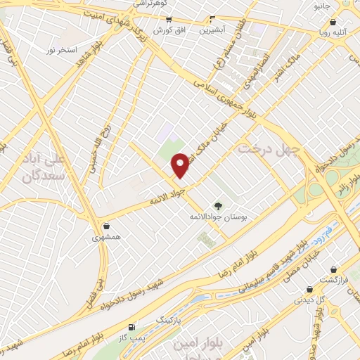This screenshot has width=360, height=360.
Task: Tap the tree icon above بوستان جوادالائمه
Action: (218, 205)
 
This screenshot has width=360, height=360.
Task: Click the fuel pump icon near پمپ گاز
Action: (131, 328)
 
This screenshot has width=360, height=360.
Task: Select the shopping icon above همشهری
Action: (105, 226)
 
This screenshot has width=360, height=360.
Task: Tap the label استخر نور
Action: (60, 50)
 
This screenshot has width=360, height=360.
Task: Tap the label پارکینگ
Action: (168, 321)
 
